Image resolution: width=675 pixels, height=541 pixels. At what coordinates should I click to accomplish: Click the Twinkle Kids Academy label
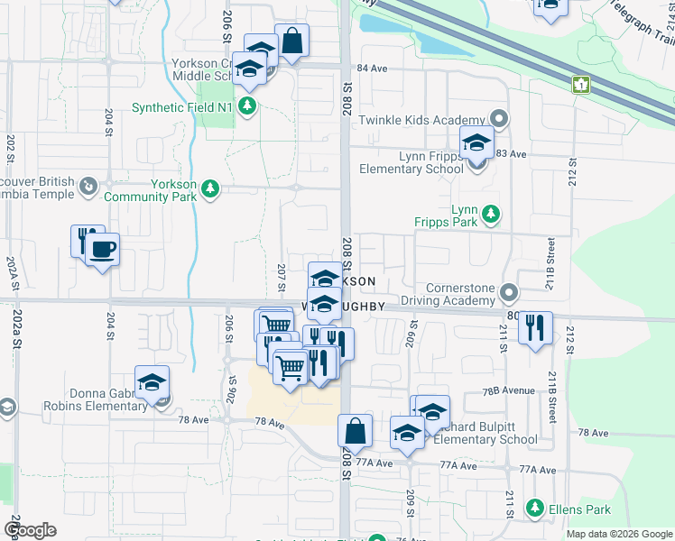(422, 120)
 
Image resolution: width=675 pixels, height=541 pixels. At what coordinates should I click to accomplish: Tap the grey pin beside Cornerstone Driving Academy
(509, 293)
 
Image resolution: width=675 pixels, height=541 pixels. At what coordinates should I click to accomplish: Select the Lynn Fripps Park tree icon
(491, 214)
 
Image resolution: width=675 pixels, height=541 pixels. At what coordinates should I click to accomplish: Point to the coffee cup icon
(103, 249)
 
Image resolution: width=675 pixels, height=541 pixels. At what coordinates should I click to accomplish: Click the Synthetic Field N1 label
(182, 107)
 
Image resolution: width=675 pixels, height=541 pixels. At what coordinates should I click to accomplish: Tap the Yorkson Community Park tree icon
(209, 188)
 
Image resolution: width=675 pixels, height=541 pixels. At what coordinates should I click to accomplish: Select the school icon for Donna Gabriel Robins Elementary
(153, 381)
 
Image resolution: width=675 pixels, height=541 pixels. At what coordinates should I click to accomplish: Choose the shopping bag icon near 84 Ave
(292, 41)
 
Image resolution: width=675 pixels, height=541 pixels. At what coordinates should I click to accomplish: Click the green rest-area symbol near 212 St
(580, 85)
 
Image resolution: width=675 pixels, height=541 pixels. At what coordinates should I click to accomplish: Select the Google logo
(29, 530)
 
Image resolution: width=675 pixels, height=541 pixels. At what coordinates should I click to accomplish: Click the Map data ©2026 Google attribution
(619, 534)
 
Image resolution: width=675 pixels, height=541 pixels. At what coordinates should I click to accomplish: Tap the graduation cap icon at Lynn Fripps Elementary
(476, 143)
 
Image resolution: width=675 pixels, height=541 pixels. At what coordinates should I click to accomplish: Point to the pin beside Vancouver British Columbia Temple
(88, 187)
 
